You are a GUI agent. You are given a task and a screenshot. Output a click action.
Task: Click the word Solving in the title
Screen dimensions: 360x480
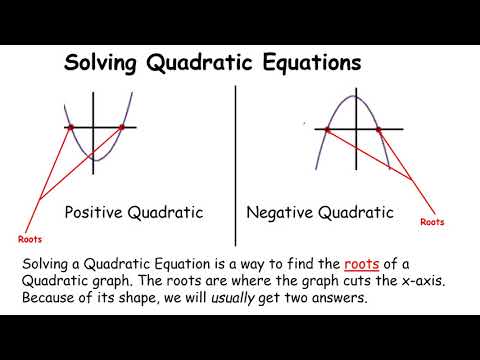100,66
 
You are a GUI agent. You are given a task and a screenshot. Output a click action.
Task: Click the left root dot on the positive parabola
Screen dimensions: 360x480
70,128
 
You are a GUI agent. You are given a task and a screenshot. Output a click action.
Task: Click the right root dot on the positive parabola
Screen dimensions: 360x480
122,128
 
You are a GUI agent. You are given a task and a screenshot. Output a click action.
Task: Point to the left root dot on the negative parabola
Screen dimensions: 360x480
328,130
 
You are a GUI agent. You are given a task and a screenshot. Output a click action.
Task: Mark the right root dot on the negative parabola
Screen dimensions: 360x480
379,130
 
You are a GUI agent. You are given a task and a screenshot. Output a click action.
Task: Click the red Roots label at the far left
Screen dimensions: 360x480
31,239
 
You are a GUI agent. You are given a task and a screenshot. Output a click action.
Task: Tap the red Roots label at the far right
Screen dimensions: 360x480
432,222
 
